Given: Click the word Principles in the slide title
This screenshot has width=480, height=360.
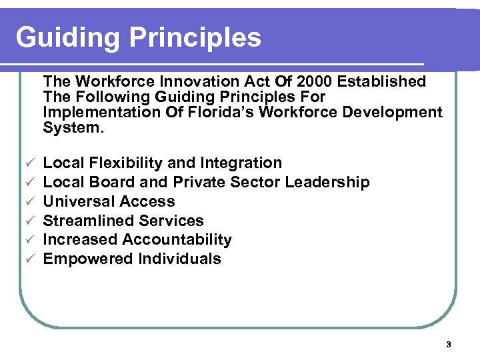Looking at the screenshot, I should point(196,37).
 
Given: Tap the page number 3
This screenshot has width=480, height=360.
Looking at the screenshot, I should point(448,345).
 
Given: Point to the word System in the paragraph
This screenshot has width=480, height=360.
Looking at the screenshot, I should point(72,127).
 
